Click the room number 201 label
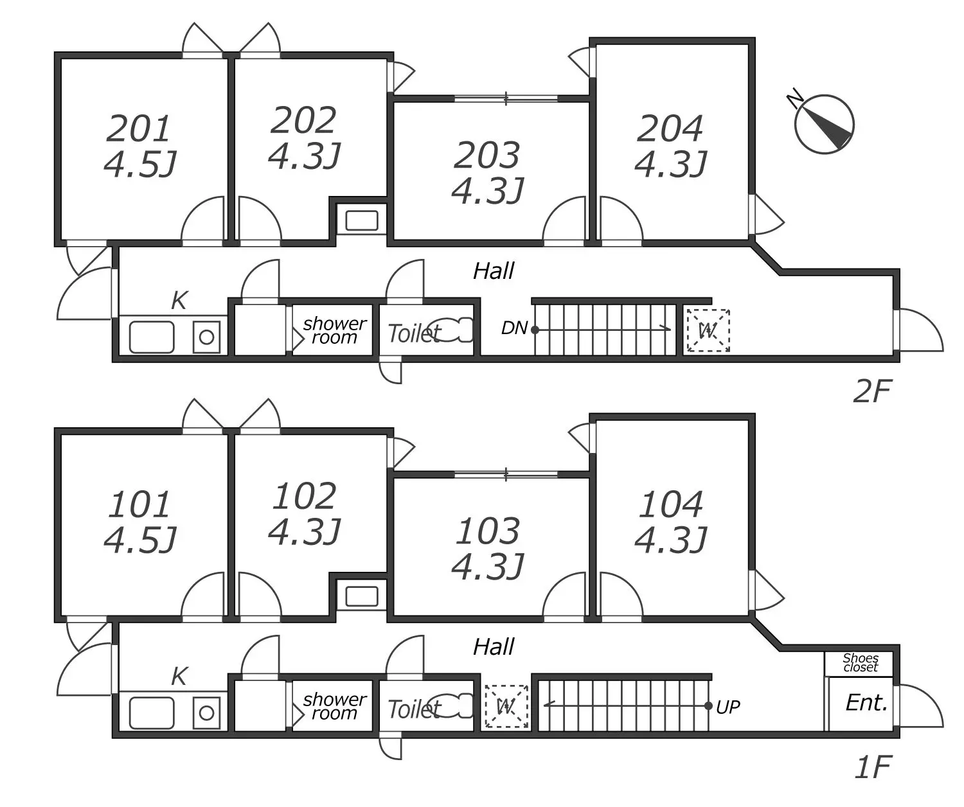pos(138,129)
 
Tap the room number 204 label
pos(670,129)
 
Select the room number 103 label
pos(488,531)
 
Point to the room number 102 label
pos(305,497)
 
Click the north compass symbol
pos(824,124)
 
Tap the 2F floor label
pos(872,391)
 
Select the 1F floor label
pos(873,767)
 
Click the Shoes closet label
pos(860,663)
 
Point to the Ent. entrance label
pos(866,703)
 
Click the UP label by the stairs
pos(727,707)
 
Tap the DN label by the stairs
pos(514,329)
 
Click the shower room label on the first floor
pos(334,706)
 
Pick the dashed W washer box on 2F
pos(708,331)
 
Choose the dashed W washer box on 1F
pos(506,707)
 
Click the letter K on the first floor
pos(179,676)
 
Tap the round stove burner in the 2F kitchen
pos(206,337)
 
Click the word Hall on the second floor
pos(494,271)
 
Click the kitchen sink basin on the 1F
pos(152,713)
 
